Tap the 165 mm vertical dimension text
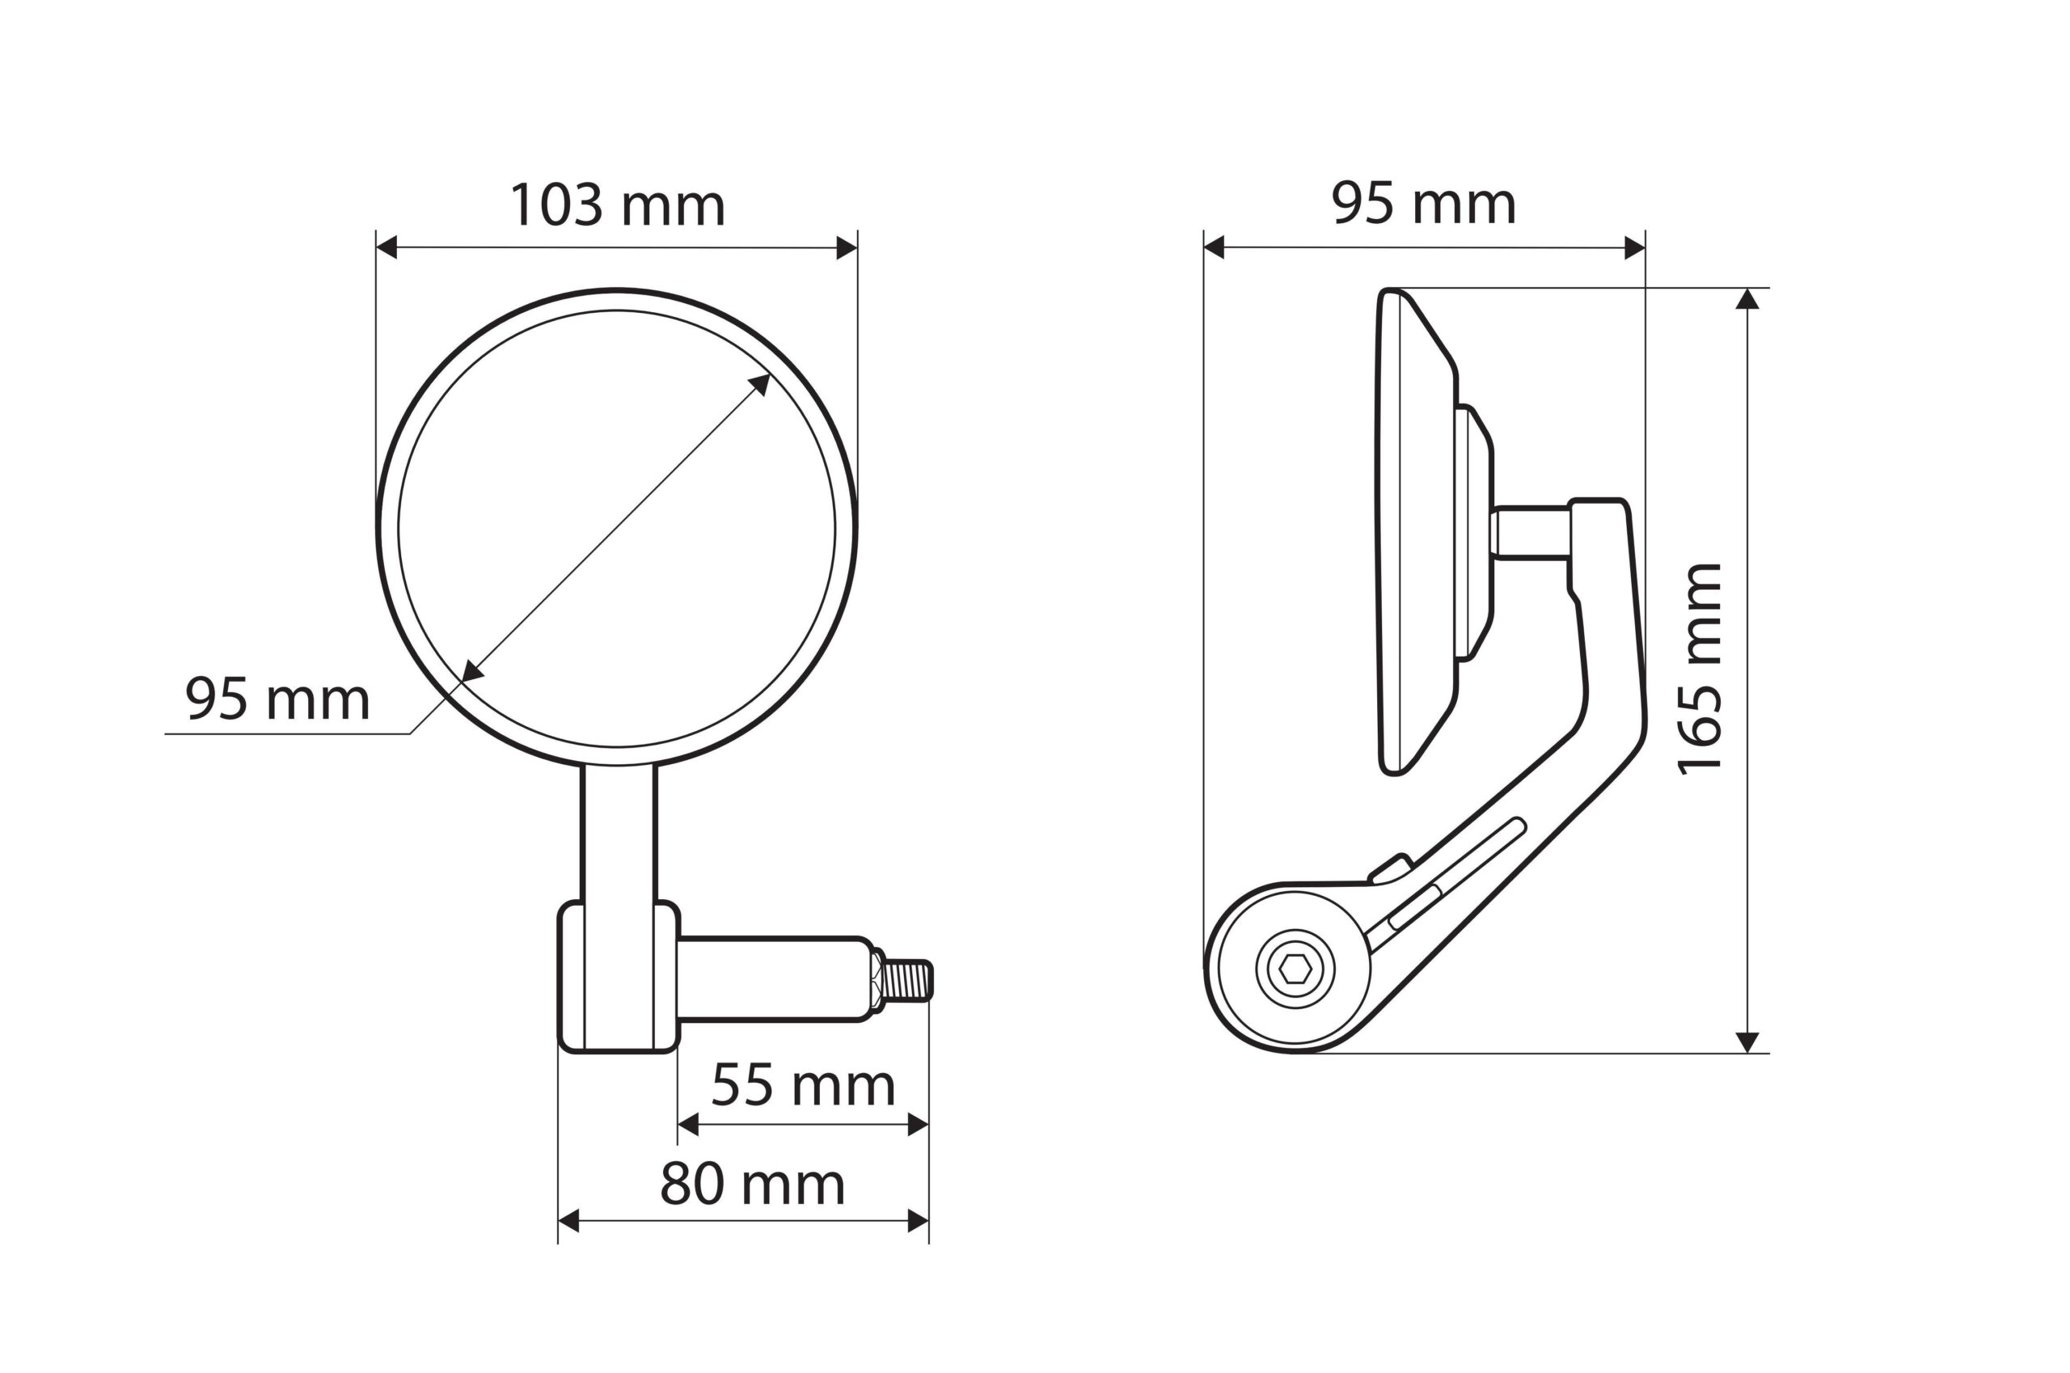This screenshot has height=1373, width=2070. [1700, 670]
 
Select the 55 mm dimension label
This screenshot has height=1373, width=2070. [802, 1086]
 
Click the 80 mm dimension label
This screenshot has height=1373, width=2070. [752, 1185]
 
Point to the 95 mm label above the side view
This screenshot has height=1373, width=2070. [1423, 204]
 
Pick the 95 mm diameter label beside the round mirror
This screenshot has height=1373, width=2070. [277, 699]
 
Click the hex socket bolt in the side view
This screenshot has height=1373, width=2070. [1295, 970]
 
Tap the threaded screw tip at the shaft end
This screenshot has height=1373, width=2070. [908, 980]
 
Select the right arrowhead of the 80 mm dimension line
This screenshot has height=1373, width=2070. [918, 1221]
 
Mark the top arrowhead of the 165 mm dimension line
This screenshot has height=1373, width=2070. [1747, 299]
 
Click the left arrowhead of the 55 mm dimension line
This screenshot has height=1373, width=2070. [688, 1124]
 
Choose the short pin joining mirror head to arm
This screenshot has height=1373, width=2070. [1531, 532]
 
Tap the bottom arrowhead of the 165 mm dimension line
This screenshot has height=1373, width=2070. [1747, 1042]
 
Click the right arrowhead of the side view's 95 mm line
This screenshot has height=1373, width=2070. [1634, 247]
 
